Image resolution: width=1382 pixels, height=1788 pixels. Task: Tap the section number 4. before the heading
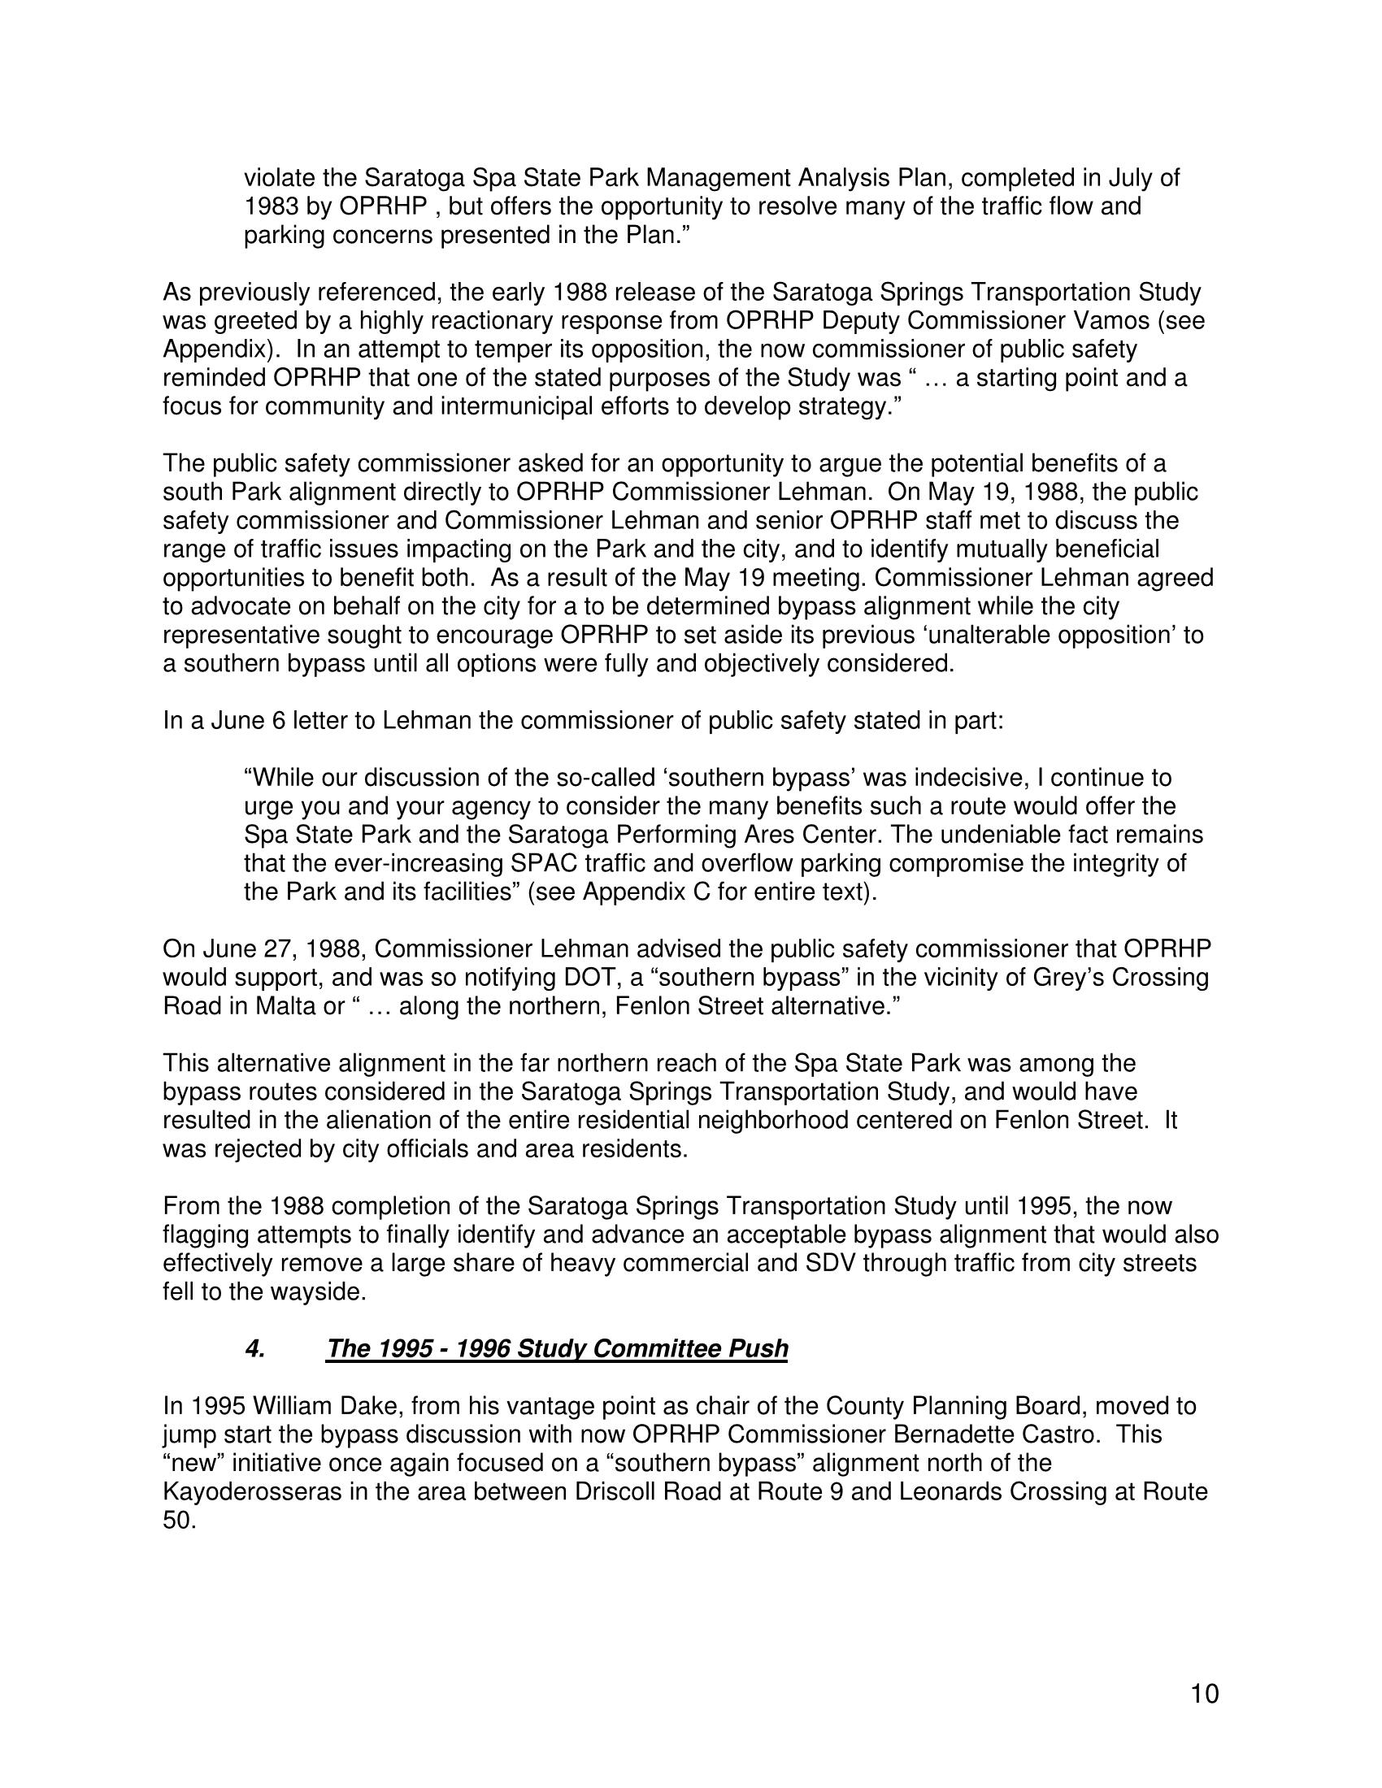click(254, 1348)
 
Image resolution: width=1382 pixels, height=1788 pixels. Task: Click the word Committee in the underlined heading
click(658, 1348)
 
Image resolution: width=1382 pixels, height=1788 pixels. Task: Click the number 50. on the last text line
click(180, 1521)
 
